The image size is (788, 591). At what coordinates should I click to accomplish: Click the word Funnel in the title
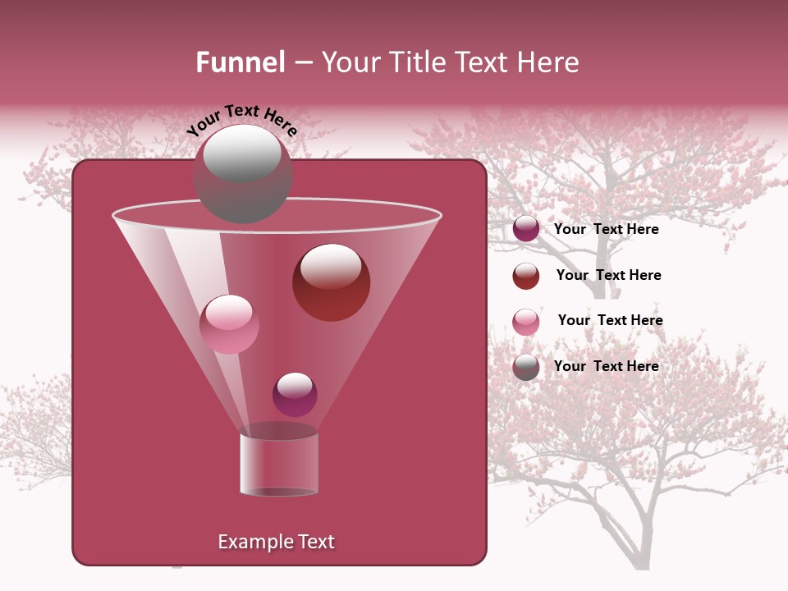(240, 62)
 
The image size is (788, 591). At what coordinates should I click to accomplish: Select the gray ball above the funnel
(242, 173)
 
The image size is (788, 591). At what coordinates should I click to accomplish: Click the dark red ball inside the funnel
(331, 282)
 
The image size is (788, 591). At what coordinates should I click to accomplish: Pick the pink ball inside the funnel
(229, 324)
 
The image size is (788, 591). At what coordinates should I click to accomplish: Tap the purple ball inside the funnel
(295, 395)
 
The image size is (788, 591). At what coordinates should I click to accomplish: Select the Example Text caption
(276, 542)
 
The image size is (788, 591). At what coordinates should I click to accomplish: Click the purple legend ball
(526, 229)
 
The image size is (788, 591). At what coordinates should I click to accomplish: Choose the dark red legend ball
(526, 276)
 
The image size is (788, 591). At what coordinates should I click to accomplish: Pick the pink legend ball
(526, 322)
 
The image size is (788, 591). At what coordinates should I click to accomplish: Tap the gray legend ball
(526, 367)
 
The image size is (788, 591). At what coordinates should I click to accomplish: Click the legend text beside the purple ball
(606, 230)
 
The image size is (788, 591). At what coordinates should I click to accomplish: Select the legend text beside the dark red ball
(608, 276)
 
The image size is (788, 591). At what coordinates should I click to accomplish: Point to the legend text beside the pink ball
(610, 321)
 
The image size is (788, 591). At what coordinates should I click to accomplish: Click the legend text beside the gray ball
(606, 366)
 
